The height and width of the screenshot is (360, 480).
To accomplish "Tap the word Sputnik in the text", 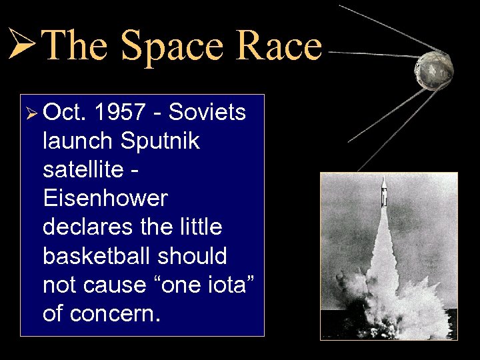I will (x=161, y=141).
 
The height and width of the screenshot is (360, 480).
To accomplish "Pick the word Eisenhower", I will (x=105, y=198).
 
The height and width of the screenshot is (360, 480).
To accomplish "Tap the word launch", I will (x=78, y=141).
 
